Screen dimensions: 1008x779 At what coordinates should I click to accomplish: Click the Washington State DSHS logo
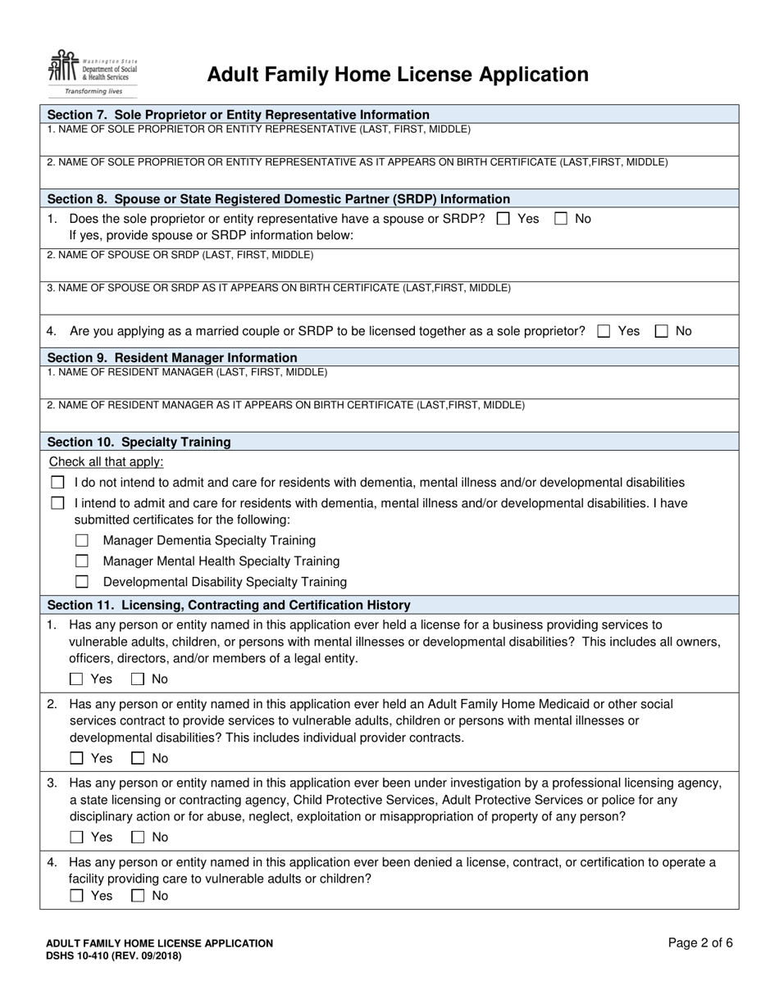point(92,72)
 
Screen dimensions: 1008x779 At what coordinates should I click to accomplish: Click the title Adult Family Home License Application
point(398,75)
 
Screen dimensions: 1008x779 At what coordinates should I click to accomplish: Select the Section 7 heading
point(238,115)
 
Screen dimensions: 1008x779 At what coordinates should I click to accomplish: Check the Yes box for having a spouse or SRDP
point(503,219)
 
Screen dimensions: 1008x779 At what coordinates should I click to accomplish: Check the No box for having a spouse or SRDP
point(561,219)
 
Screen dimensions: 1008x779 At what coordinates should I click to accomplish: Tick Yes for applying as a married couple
point(604,331)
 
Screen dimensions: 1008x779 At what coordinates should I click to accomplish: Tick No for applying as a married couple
point(662,331)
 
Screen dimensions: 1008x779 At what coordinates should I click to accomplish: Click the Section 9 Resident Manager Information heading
point(172,357)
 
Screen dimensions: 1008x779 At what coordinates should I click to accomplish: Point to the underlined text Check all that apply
point(106,461)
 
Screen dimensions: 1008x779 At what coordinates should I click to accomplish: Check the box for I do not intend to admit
point(57,483)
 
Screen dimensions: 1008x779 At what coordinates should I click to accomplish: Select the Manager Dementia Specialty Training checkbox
point(82,541)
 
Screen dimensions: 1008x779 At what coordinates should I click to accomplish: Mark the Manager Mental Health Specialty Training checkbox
point(82,561)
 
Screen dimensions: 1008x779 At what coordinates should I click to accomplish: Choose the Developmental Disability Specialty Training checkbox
point(82,582)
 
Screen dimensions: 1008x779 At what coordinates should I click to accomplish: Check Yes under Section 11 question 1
point(77,679)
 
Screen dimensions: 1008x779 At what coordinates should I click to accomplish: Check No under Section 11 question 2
point(139,759)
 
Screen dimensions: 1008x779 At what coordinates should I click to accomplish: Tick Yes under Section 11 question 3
point(77,838)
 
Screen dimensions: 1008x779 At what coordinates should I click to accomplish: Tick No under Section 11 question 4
point(139,897)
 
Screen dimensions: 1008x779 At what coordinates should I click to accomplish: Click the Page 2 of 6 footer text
point(700,943)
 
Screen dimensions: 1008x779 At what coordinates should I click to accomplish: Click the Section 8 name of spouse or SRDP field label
point(180,255)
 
